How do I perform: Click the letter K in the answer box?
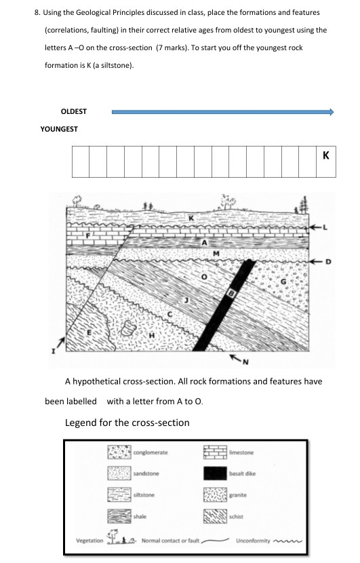coord(326,155)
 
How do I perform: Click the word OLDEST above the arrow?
coord(74,111)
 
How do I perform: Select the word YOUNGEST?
coord(59,128)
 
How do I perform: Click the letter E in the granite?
coord(87,332)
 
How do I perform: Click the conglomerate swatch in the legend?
coord(119,452)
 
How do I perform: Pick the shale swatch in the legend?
coord(119,516)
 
